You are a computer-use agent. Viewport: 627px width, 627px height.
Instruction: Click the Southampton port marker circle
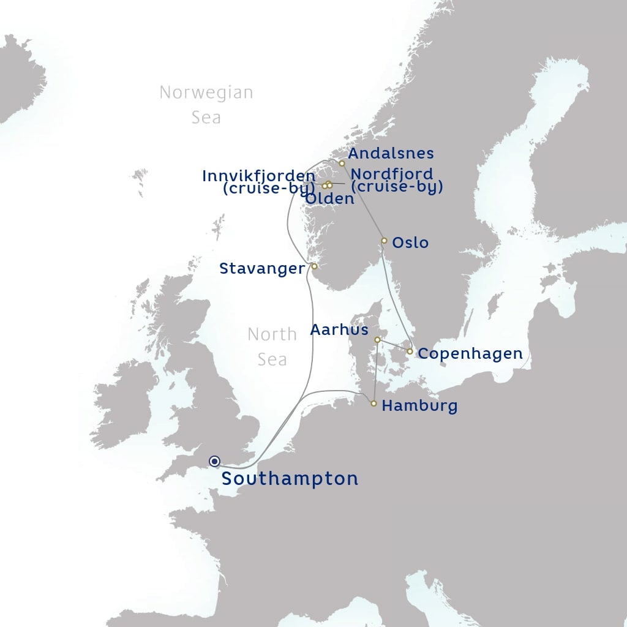pyautogui.click(x=214, y=461)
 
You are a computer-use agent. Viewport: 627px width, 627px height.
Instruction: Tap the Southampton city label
pyautogui.click(x=290, y=478)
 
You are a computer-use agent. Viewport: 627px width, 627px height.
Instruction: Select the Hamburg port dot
pyautogui.click(x=374, y=404)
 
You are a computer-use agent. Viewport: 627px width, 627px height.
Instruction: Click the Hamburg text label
pyautogui.click(x=419, y=405)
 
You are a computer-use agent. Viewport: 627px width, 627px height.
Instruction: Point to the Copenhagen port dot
pyautogui.click(x=410, y=351)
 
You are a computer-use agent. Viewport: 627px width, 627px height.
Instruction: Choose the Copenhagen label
pyautogui.click(x=470, y=353)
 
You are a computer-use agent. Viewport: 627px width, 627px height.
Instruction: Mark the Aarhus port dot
pyautogui.click(x=377, y=339)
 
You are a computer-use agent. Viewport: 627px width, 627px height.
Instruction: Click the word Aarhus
pyautogui.click(x=339, y=329)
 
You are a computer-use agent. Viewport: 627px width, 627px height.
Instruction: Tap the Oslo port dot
pyautogui.click(x=384, y=241)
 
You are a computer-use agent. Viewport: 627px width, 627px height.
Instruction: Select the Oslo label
pyautogui.click(x=410, y=242)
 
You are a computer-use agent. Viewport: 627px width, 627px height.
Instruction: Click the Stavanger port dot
pyautogui.click(x=314, y=266)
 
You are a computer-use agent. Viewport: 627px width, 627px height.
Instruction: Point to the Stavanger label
pyautogui.click(x=262, y=268)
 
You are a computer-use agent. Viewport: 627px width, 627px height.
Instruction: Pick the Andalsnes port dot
pyautogui.click(x=342, y=163)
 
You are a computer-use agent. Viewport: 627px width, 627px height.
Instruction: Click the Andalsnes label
pyautogui.click(x=391, y=153)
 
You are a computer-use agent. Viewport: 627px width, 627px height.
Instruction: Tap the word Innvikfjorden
pyautogui.click(x=258, y=176)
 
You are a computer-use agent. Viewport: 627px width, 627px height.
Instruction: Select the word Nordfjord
pyautogui.click(x=392, y=174)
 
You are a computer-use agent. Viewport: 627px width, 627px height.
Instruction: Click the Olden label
pyautogui.click(x=329, y=198)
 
